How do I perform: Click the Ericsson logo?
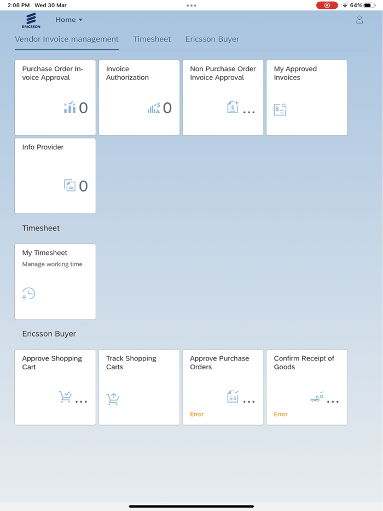click(31, 20)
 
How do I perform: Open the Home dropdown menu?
click(69, 20)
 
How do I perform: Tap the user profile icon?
click(359, 20)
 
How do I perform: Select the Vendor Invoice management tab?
click(67, 39)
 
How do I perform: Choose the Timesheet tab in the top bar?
click(152, 39)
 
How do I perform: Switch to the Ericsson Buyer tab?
click(212, 39)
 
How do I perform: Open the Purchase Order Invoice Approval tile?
click(55, 97)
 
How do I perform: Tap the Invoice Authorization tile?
click(139, 97)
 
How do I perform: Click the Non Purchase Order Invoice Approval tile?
click(223, 97)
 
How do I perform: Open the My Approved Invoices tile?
click(306, 97)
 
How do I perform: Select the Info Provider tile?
click(55, 176)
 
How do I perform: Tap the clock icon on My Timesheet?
click(28, 294)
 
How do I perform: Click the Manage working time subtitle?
click(53, 264)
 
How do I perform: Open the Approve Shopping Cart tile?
click(55, 387)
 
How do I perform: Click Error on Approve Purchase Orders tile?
click(197, 414)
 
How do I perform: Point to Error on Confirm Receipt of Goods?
click(281, 414)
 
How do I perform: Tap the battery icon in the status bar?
click(370, 5)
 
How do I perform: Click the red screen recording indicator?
click(327, 5)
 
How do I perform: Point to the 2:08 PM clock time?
click(19, 5)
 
